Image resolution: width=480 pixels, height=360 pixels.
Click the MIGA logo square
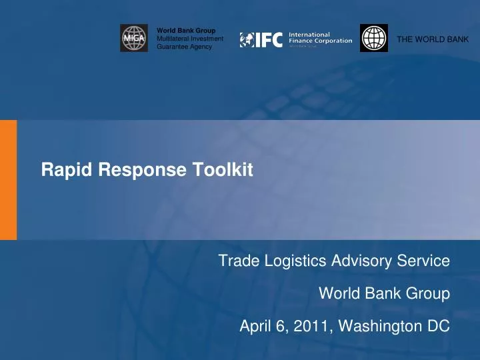coord(134,38)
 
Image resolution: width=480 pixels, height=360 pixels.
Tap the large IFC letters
coord(268,39)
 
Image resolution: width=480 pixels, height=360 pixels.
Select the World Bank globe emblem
coord(373,38)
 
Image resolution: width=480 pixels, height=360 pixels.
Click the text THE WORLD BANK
coord(433,39)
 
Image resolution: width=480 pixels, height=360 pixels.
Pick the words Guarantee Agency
coord(184,47)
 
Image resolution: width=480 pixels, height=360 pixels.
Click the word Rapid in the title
coord(59,171)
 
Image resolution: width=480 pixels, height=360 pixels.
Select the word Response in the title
coord(122,171)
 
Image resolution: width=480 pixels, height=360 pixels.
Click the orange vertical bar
coord(8,179)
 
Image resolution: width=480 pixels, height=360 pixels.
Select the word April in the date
coord(255,327)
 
